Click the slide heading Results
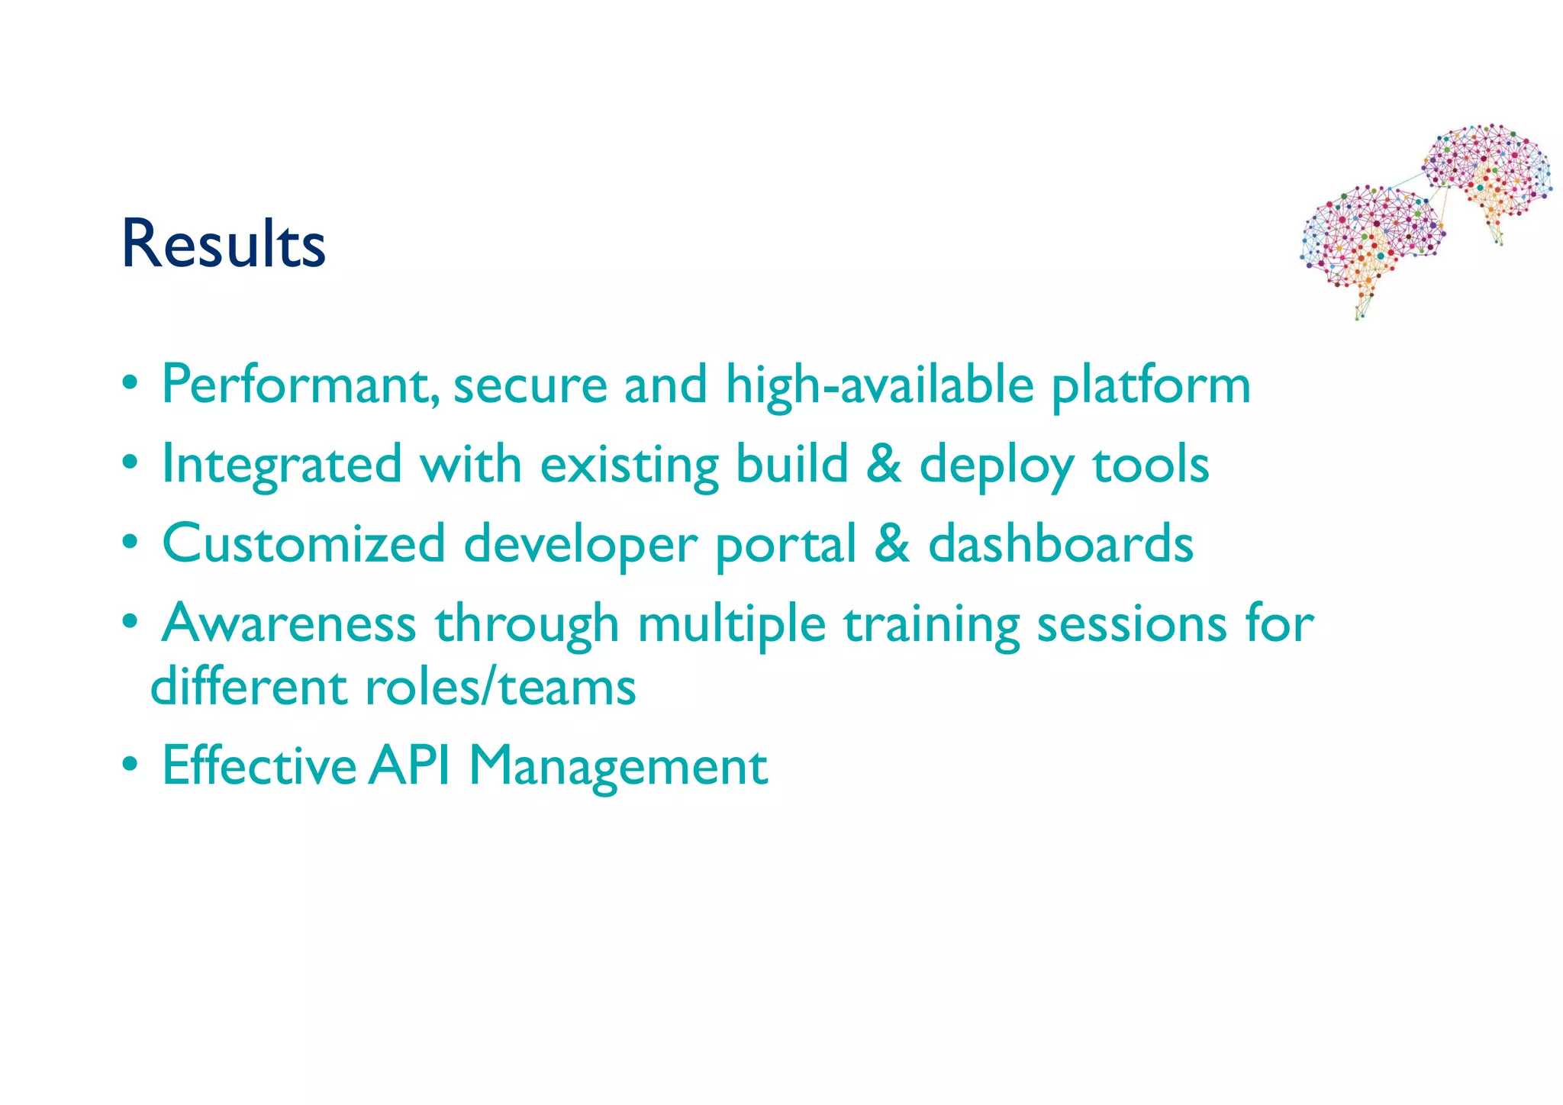(x=223, y=244)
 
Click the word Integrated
(x=282, y=465)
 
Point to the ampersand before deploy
(x=884, y=463)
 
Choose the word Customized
(x=304, y=543)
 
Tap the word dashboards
(x=1061, y=543)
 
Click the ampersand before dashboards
(x=892, y=543)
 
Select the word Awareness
(x=289, y=623)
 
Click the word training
(x=932, y=624)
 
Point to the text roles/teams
(x=501, y=687)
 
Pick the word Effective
(x=259, y=765)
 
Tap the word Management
(x=618, y=766)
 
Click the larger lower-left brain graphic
(x=1370, y=240)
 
